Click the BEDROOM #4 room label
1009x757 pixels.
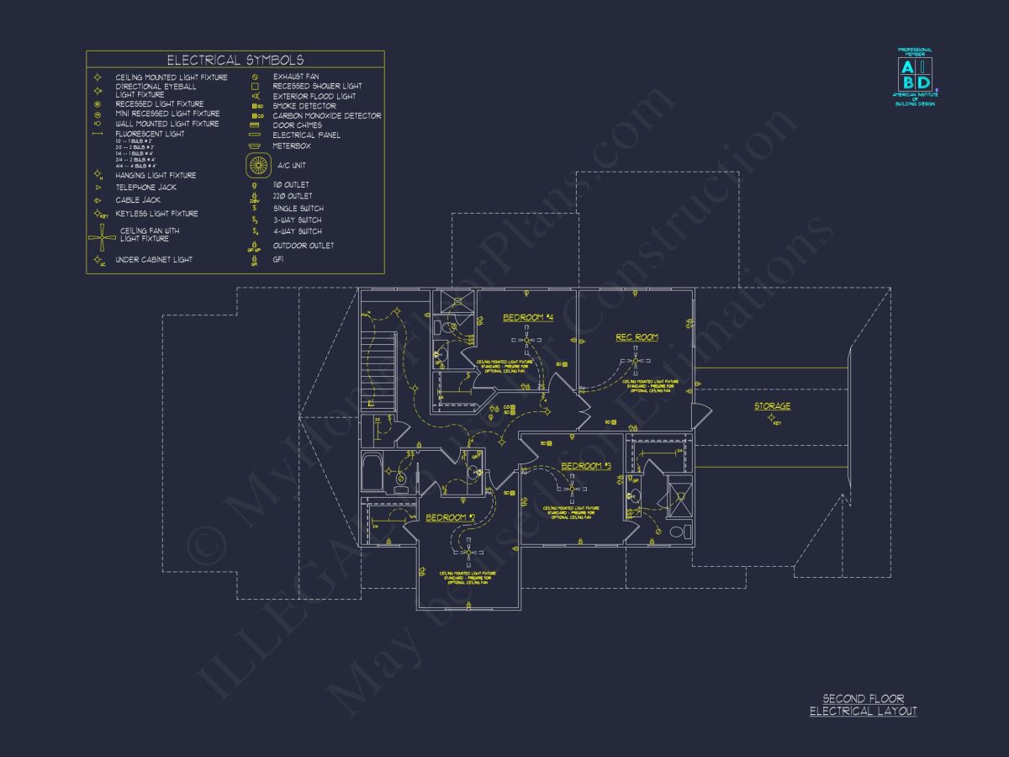click(527, 318)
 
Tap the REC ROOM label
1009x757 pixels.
click(637, 337)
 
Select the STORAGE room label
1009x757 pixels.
click(771, 407)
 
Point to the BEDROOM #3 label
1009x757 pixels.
click(585, 466)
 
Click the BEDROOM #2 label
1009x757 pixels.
click(450, 517)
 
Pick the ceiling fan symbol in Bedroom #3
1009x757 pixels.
click(571, 487)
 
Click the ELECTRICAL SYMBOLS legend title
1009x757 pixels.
click(235, 60)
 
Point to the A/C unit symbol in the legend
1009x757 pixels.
click(259, 165)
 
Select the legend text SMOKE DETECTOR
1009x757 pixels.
click(304, 106)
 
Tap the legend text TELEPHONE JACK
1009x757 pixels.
click(146, 188)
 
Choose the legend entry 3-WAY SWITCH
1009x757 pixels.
click(297, 220)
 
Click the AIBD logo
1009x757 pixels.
click(915, 76)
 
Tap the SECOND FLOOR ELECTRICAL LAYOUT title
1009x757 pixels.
click(863, 705)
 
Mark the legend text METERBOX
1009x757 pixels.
click(291, 145)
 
